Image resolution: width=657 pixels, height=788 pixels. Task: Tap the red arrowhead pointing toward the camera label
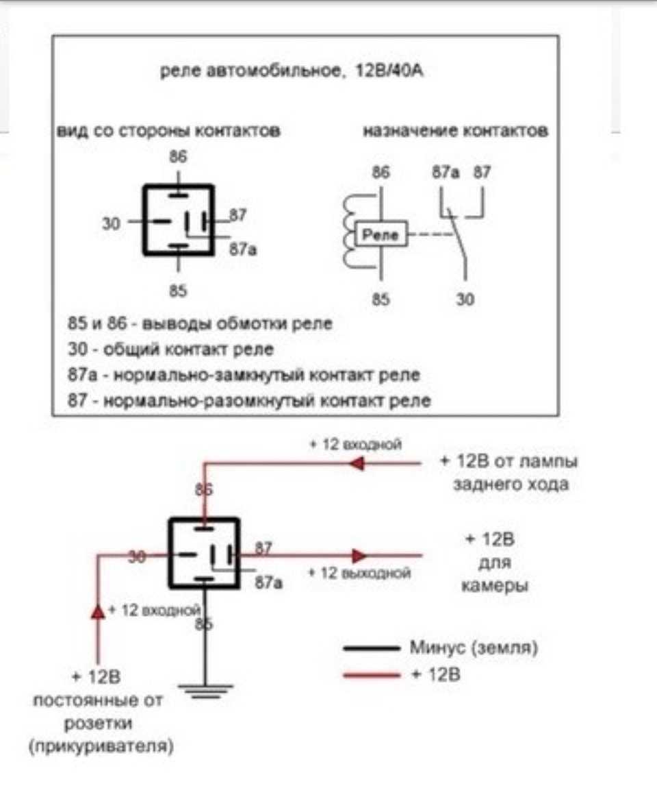[x=359, y=555]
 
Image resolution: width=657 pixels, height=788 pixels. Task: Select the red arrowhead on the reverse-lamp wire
[x=355, y=464]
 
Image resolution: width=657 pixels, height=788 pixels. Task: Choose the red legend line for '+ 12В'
[x=370, y=675]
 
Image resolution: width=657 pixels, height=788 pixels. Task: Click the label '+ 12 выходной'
[x=360, y=572]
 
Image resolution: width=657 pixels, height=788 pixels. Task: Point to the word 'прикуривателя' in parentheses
[x=101, y=746]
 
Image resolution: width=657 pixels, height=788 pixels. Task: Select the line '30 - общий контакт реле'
[x=171, y=349]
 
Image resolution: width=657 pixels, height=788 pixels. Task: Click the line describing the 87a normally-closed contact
[x=244, y=375]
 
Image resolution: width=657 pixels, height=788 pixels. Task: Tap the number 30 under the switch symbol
[x=465, y=299]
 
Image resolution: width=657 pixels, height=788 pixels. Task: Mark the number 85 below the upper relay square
[x=178, y=291]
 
